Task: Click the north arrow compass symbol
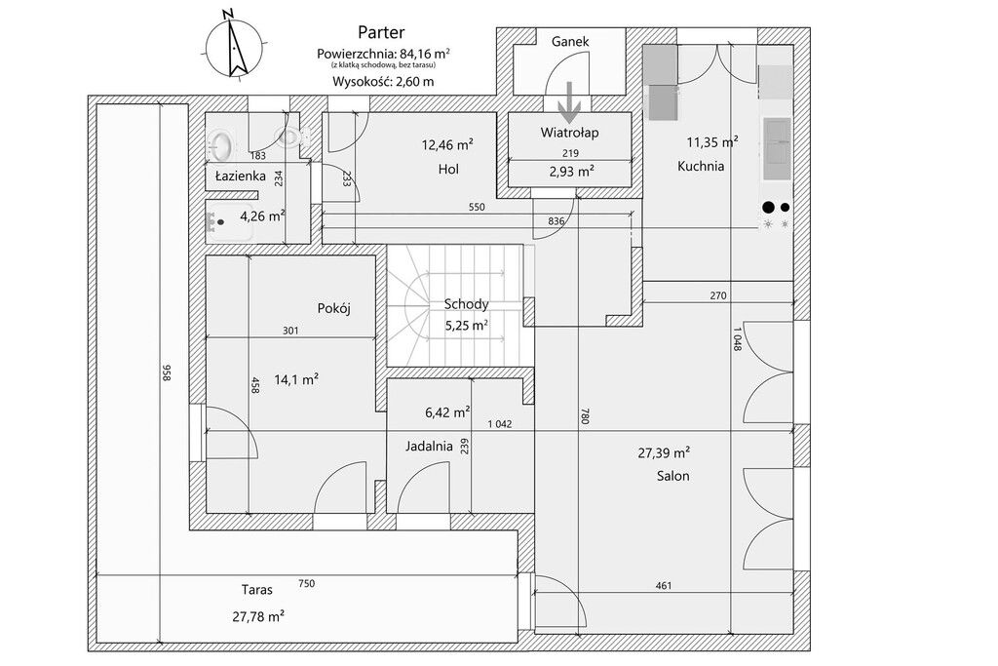[233, 44]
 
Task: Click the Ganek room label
[569, 42]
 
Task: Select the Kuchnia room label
[701, 166]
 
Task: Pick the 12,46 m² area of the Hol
[447, 145]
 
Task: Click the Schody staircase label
[465, 303]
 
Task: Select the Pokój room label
[333, 308]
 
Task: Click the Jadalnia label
[430, 446]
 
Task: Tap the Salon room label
[672, 476]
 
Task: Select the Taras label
[257, 590]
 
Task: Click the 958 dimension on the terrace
[167, 373]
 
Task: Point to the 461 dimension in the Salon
[662, 586]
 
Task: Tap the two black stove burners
[776, 206]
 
